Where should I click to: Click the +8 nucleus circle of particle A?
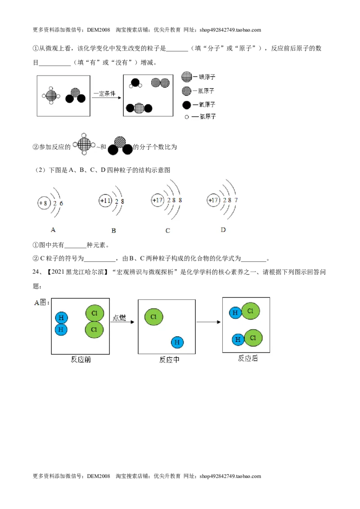(x=44, y=203)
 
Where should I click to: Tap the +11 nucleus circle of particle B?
(x=105, y=201)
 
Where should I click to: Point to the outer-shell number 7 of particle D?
(x=236, y=200)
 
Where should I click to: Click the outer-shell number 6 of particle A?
(x=61, y=203)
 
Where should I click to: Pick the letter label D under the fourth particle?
(x=223, y=230)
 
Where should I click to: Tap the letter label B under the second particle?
(x=113, y=231)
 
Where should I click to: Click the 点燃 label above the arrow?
(x=119, y=317)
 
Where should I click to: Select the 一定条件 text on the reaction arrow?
(x=104, y=94)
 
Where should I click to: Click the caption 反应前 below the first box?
(x=81, y=359)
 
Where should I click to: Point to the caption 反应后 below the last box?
(x=248, y=358)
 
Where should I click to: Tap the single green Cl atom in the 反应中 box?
(x=154, y=317)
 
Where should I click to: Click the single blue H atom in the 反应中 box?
(x=177, y=342)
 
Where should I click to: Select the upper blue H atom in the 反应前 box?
(x=61, y=318)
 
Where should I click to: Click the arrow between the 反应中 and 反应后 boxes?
(x=209, y=322)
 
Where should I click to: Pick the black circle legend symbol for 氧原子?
(x=186, y=105)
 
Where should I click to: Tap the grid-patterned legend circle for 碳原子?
(x=187, y=76)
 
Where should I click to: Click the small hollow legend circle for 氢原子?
(x=187, y=117)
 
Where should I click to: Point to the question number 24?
(x=36, y=272)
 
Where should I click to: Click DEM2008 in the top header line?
(x=99, y=30)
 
